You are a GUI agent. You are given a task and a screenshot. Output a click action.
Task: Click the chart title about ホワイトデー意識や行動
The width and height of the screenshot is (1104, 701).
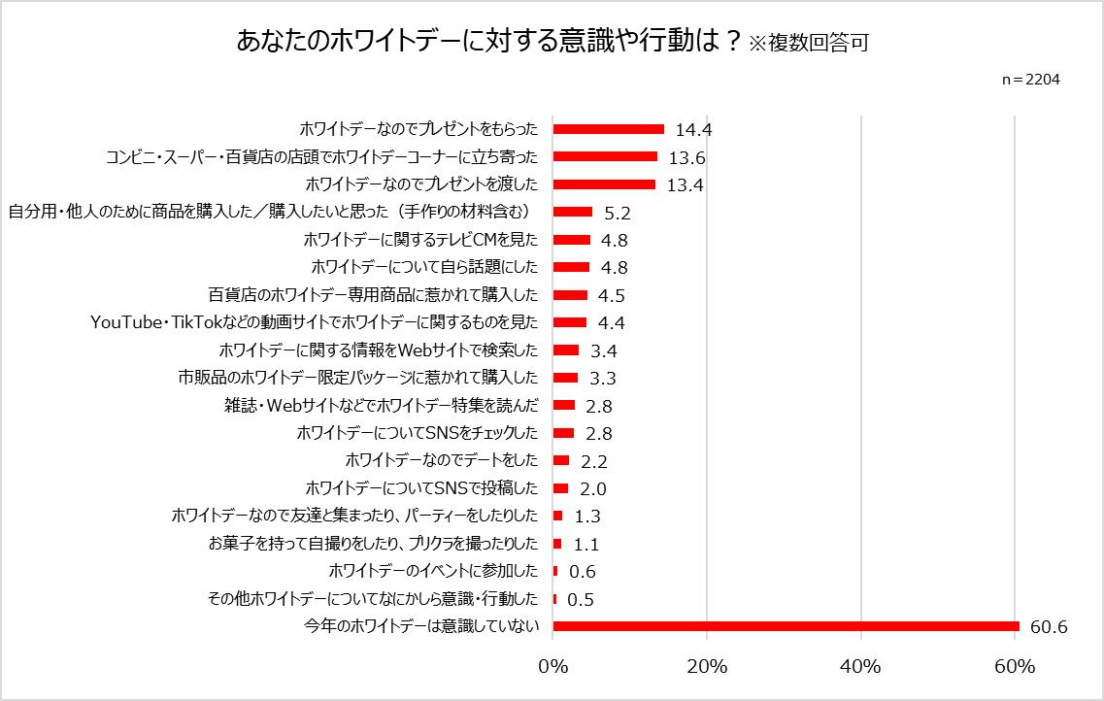point(490,42)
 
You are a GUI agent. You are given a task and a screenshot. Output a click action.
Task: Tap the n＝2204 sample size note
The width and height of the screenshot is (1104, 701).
point(1030,80)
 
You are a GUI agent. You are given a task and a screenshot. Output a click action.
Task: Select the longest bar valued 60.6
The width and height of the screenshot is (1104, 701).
point(786,626)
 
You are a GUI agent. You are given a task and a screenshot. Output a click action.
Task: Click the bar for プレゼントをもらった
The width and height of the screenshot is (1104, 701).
point(608,129)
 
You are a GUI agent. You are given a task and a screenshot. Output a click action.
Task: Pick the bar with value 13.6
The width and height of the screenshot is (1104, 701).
point(605,156)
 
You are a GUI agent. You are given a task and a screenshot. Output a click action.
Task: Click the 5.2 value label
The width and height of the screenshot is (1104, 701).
point(617,213)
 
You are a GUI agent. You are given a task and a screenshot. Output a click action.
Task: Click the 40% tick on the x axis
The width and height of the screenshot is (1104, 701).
point(860,667)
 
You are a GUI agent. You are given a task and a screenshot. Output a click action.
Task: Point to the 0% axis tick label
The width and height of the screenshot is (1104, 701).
point(552,667)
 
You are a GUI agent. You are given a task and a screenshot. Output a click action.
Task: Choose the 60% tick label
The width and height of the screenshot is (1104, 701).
point(1015,667)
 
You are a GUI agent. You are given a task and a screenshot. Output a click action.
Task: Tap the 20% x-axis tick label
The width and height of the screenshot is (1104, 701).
point(707,667)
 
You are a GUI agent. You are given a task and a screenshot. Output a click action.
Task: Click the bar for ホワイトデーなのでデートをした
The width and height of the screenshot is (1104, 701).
point(560,460)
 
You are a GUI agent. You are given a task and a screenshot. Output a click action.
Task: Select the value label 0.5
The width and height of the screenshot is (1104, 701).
point(581,600)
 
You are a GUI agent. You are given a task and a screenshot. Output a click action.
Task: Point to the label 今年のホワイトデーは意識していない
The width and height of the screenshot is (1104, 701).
point(421,626)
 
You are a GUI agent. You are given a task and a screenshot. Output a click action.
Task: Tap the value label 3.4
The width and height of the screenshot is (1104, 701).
point(604,350)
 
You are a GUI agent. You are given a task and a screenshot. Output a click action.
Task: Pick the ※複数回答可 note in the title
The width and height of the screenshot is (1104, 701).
point(808,44)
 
